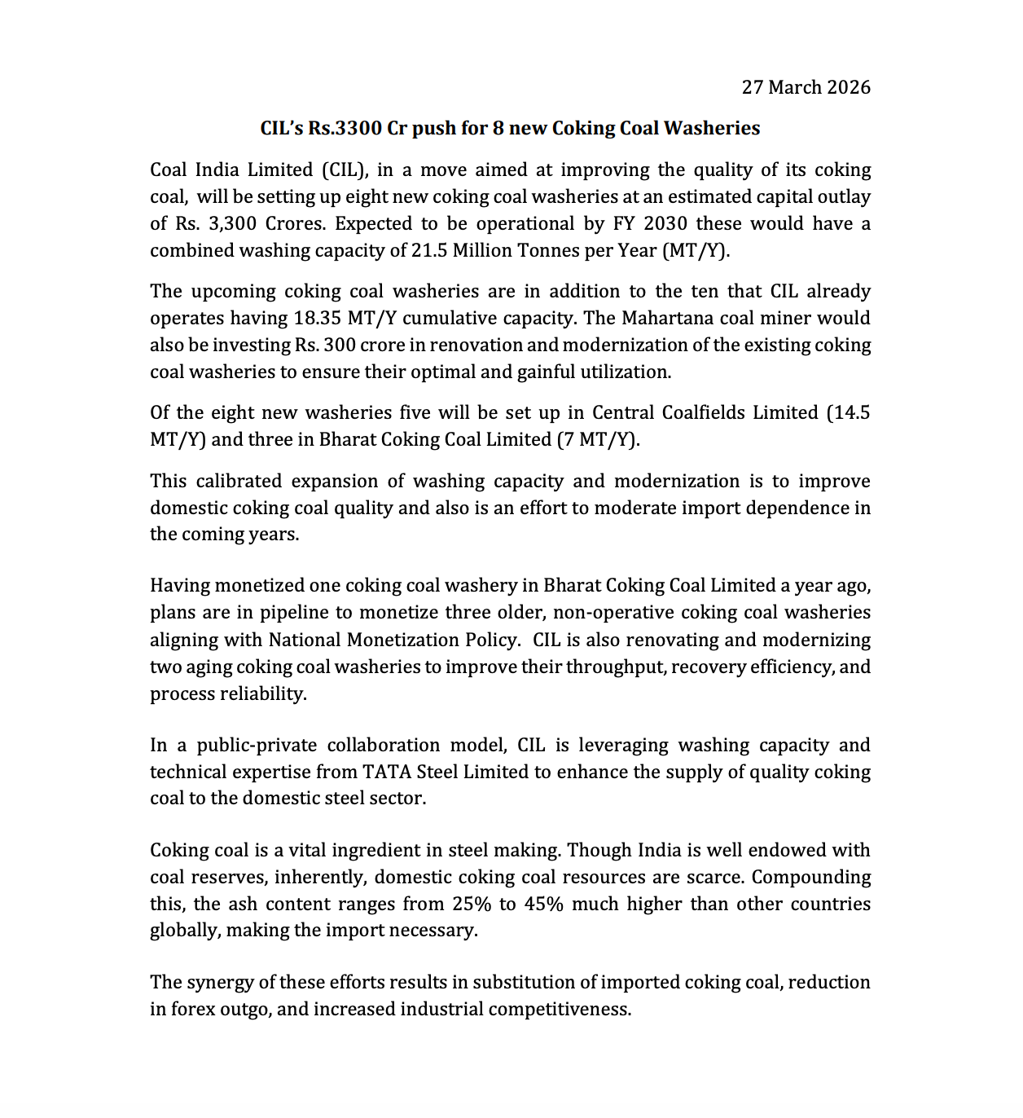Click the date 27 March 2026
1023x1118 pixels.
pyautogui.click(x=806, y=87)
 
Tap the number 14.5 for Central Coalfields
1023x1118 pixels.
pyautogui.click(x=848, y=412)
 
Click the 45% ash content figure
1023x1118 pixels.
pyautogui.click(x=542, y=904)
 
